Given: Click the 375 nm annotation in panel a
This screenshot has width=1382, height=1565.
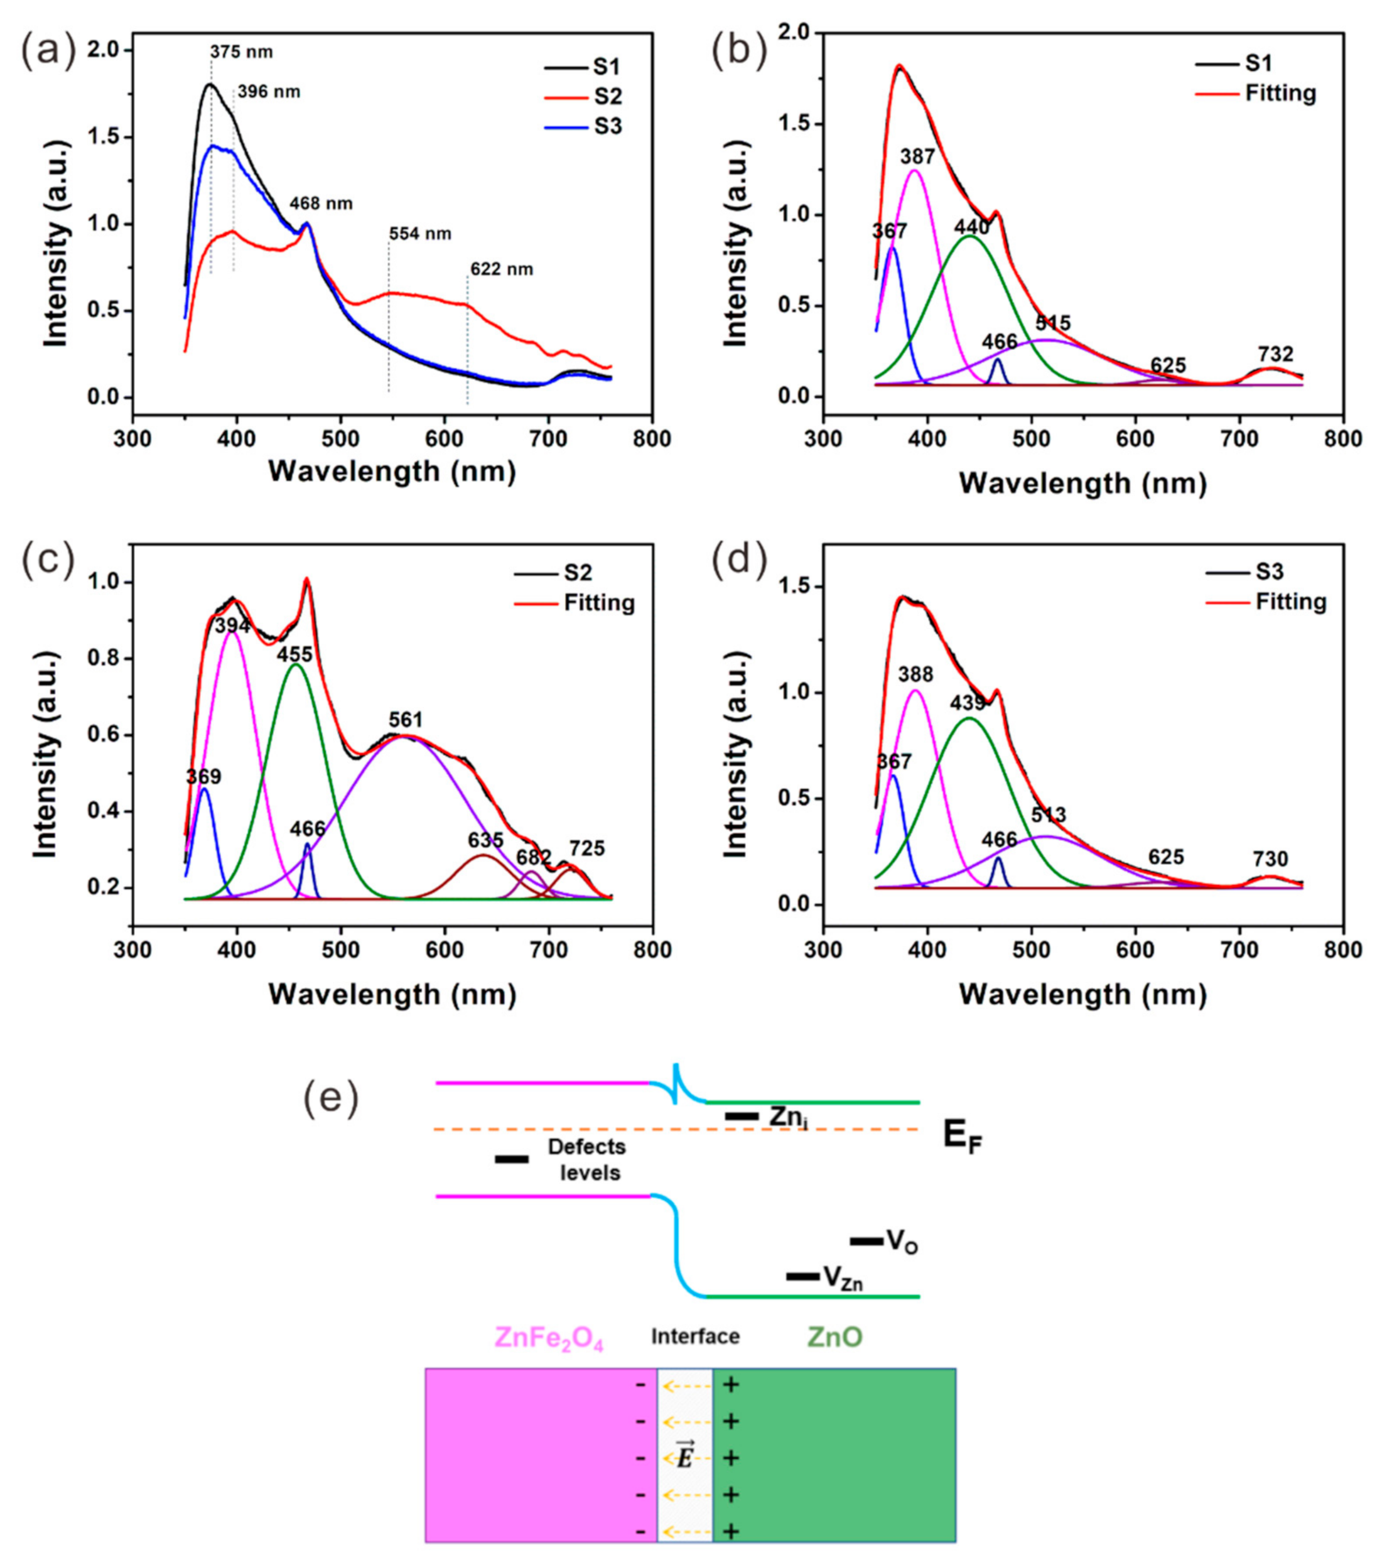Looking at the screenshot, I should (x=241, y=53).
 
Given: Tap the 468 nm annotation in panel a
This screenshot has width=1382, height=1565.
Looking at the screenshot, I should (x=321, y=203).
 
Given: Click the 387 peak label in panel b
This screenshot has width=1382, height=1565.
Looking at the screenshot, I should (x=917, y=157).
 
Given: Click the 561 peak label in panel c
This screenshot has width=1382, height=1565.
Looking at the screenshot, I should (x=405, y=720).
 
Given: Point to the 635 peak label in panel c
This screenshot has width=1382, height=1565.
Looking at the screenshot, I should (x=485, y=840).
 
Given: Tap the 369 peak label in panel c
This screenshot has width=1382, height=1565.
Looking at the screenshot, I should (x=203, y=777).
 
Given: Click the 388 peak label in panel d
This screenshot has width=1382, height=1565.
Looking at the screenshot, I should (x=915, y=674).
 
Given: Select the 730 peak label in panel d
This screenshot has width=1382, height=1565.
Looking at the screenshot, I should (x=1270, y=859).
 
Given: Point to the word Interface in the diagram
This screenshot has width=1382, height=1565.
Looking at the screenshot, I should (x=695, y=1337).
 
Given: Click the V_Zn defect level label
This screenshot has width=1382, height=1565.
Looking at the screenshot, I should (x=842, y=1276).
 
